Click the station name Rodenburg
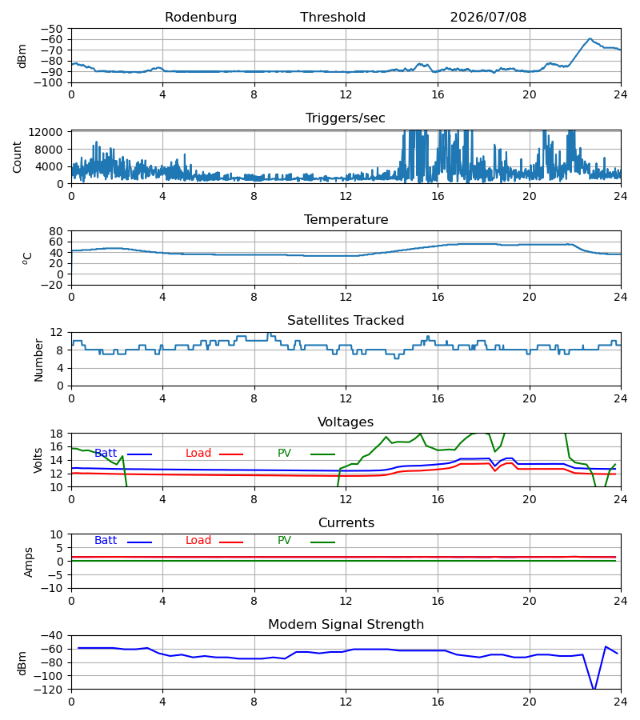click(201, 18)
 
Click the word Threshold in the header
click(333, 18)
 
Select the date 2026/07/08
click(488, 18)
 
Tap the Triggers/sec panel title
click(346, 118)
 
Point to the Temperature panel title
click(346, 219)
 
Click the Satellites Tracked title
click(346, 321)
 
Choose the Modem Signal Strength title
click(346, 625)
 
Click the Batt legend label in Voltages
click(106, 454)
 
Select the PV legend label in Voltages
click(284, 454)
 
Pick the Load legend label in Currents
click(198, 541)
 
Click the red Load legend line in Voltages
click(231, 454)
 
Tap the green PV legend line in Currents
click(322, 542)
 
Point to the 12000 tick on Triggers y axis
click(46, 132)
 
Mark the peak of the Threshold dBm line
click(590, 39)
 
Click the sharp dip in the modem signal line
click(594, 688)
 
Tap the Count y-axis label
click(18, 157)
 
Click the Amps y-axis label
click(29, 562)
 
